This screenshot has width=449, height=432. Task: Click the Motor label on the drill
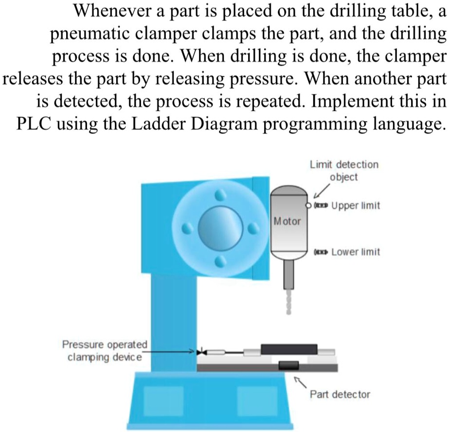pos(287,221)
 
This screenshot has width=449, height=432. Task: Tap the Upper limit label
pos(355,206)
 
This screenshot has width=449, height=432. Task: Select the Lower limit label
pos(355,252)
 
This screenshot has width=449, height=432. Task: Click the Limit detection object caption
pos(344,170)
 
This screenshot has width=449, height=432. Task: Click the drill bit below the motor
pos(288,297)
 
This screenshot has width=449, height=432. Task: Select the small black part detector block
pos(288,365)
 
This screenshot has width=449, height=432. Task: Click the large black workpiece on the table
pos(289,349)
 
